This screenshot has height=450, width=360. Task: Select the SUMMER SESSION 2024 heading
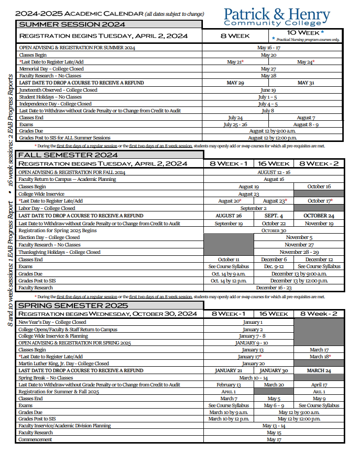click(71, 24)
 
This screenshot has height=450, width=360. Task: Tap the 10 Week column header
click(305, 33)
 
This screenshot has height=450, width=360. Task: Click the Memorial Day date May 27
click(268, 69)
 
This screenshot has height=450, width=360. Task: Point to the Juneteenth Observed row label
click(58, 90)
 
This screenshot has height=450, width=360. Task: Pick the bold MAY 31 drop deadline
click(306, 83)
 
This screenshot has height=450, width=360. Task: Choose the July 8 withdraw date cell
click(268, 111)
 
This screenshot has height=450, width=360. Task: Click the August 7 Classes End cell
click(306, 118)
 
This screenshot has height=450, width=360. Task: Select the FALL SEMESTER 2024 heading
click(68, 155)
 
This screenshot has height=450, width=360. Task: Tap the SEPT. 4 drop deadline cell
click(274, 216)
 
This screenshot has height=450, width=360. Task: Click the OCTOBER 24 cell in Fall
click(319, 216)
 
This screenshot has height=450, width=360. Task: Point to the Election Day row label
click(49, 238)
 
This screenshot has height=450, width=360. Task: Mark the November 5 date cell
click(299, 238)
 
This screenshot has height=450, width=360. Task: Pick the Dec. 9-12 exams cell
click(274, 267)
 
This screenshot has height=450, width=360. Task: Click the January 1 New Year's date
click(253, 322)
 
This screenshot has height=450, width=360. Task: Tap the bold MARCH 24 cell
click(319, 371)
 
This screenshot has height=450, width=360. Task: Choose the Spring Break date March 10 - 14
click(253, 378)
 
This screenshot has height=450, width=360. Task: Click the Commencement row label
click(35, 440)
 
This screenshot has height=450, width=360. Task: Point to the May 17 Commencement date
click(274, 440)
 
